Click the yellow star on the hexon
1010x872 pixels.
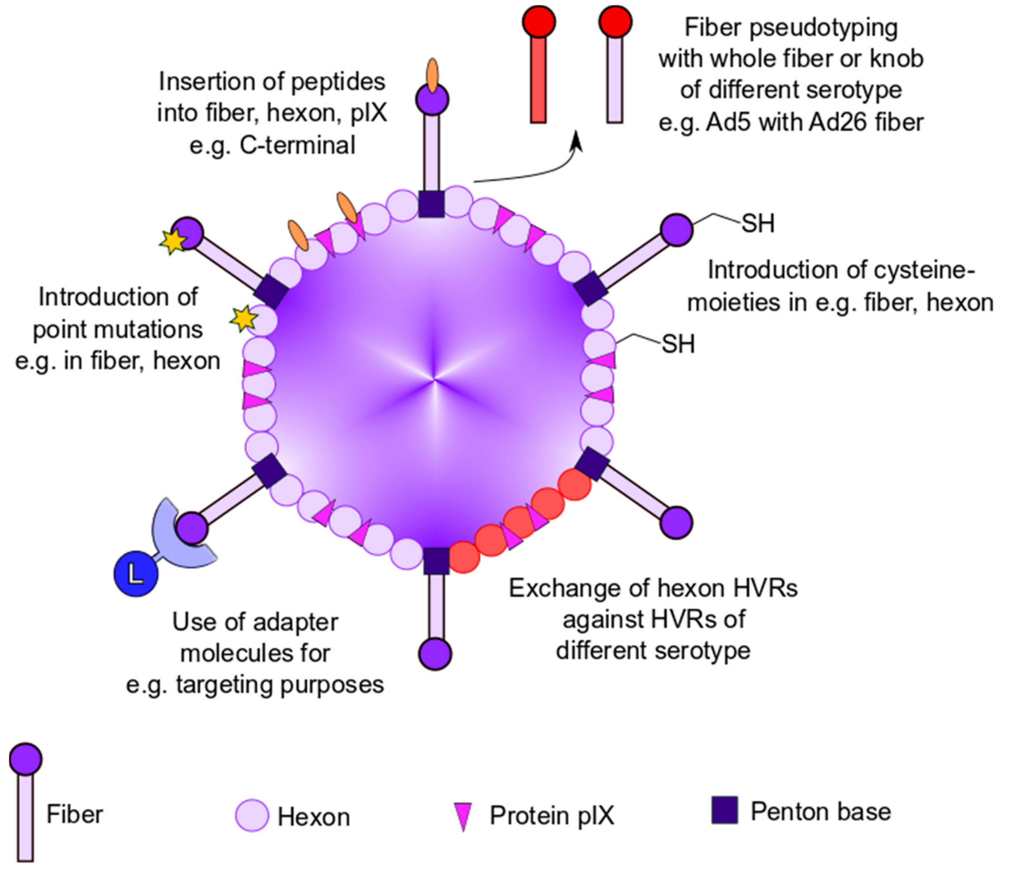[243, 318]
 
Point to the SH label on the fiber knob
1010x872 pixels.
[758, 224]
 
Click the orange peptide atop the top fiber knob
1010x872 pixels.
[432, 75]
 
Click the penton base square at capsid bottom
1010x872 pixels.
[436, 560]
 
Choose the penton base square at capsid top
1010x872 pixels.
[432, 204]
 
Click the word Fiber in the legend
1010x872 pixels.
[75, 814]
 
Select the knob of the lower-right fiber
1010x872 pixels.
[677, 522]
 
